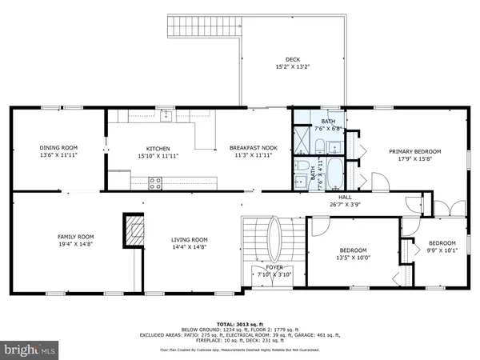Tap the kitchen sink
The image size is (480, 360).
click(x=166, y=117)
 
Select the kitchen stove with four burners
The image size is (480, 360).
click(x=155, y=182)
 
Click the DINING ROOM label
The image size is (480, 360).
click(x=58, y=147)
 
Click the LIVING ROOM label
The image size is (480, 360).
click(x=189, y=239)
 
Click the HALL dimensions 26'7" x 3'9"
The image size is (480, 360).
click(x=344, y=204)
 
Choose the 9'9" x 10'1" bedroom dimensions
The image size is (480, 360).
click(x=442, y=251)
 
